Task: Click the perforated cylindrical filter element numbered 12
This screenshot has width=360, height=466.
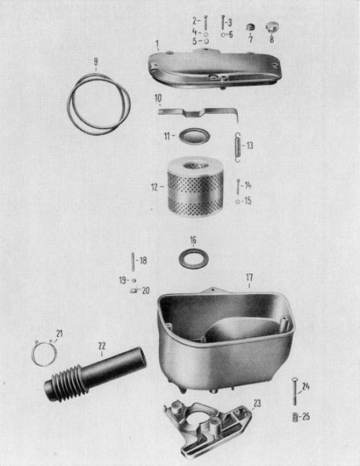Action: click(195, 187)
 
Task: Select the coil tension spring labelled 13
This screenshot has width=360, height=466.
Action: click(237, 147)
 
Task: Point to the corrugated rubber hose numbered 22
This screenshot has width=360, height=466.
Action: click(95, 374)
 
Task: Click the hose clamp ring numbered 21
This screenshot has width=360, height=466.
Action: click(44, 353)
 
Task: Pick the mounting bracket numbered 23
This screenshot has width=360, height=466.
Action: click(207, 427)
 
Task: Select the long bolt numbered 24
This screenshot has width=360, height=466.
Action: click(295, 391)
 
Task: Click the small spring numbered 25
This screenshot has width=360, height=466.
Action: click(295, 418)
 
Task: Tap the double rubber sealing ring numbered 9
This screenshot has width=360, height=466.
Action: click(99, 105)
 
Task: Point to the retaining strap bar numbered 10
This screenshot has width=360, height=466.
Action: click(198, 113)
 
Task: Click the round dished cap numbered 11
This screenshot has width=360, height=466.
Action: click(194, 136)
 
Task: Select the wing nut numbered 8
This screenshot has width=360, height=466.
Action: click(271, 27)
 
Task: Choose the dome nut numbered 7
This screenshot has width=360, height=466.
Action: click(251, 27)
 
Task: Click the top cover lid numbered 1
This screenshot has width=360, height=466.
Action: click(215, 69)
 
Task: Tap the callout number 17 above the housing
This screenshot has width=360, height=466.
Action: click(249, 278)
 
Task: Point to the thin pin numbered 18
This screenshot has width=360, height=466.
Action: click(133, 262)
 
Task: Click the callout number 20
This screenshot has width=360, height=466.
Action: click(146, 291)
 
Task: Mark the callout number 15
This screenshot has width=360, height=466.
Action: click(247, 201)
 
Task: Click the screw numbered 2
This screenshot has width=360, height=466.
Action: click(206, 23)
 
